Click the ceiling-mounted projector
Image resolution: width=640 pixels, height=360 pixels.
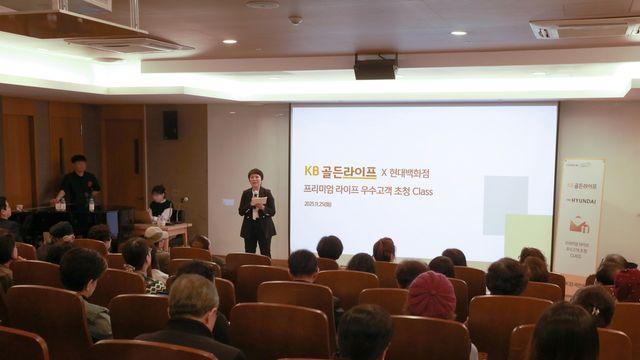(x=376, y=67)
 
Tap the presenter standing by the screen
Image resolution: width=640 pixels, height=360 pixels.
(x=257, y=211)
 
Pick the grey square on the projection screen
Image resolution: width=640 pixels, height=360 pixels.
(x=505, y=205)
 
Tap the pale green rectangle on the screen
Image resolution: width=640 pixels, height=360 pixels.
(x=527, y=236)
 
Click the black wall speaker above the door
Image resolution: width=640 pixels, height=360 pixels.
(x=170, y=124)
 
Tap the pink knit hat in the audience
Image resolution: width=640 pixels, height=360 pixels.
(x=431, y=295)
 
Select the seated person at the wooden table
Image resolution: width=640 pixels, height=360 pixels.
(x=159, y=205)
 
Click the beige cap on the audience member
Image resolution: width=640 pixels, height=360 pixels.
(x=155, y=234)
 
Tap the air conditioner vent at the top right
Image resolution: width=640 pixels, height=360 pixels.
(x=585, y=29)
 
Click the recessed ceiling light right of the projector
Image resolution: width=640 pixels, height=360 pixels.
(x=458, y=33)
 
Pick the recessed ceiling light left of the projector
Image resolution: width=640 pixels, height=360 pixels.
(x=230, y=41)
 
